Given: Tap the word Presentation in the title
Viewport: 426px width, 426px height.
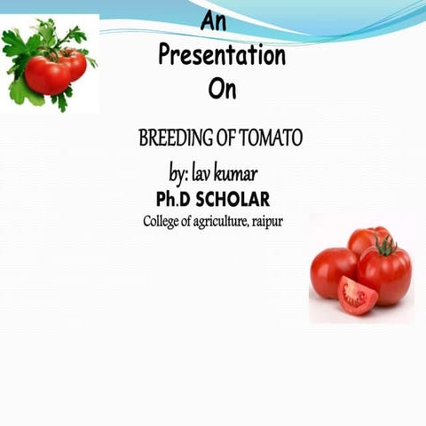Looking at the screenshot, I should [x=222, y=56].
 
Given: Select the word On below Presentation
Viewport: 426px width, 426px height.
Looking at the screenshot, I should [x=222, y=90].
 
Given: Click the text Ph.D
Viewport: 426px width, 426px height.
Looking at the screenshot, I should [x=174, y=198].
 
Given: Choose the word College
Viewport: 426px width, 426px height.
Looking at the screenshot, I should [x=167, y=221].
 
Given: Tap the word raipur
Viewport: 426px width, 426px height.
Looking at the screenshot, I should [x=267, y=221].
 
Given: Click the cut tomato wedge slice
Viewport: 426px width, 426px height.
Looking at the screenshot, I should [x=358, y=296].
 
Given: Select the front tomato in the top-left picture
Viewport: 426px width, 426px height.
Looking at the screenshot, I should [x=47, y=75].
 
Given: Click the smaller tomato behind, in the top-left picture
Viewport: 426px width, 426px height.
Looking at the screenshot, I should [x=75, y=62].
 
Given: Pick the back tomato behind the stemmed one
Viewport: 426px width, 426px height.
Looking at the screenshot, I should [x=363, y=238].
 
